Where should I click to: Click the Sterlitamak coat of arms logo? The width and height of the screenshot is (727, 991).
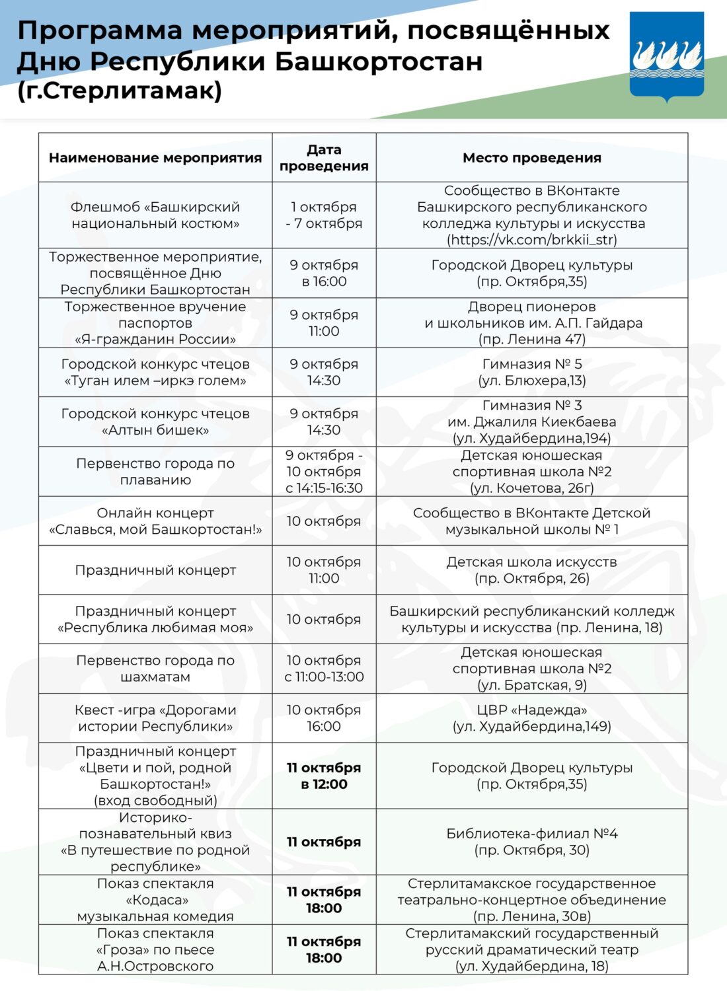point(666,56)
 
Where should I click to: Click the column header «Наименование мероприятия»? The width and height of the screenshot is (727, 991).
point(155,158)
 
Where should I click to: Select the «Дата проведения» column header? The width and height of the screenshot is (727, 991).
point(324,158)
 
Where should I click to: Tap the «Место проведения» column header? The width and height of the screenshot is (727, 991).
point(532,158)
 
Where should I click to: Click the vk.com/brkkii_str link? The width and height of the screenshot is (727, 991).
point(532,240)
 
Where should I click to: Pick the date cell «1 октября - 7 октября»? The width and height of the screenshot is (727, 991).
point(324,215)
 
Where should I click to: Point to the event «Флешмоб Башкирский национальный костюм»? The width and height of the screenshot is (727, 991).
point(155,215)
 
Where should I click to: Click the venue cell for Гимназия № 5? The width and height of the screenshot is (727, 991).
point(532,372)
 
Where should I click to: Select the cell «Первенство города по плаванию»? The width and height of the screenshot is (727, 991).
point(155,472)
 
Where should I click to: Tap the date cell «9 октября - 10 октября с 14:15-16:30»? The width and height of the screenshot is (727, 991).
point(324,472)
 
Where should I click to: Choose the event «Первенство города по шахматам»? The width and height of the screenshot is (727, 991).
point(155,669)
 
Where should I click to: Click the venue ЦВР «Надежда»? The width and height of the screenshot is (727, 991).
point(532,718)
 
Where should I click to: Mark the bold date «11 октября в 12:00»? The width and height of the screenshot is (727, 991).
point(324,776)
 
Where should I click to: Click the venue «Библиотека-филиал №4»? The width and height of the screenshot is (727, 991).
point(532,842)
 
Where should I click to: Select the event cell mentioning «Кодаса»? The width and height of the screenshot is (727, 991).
point(155,900)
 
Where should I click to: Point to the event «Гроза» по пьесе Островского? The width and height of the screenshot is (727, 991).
point(155,949)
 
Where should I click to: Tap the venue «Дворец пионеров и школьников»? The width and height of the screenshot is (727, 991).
point(532,323)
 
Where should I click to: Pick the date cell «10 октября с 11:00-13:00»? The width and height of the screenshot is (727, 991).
point(324,669)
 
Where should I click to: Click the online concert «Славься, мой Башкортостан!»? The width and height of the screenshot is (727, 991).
point(155,521)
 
